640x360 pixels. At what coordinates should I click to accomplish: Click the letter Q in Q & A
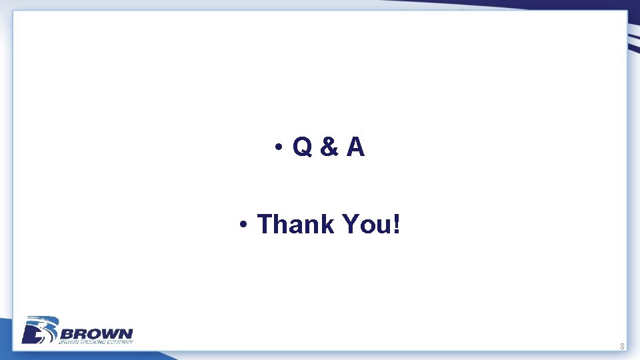pyautogui.click(x=301, y=148)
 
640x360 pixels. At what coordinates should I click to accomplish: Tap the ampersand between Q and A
pyautogui.click(x=328, y=148)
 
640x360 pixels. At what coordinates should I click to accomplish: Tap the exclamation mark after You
pyautogui.click(x=397, y=225)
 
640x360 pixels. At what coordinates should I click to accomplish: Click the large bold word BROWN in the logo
pyautogui.click(x=97, y=333)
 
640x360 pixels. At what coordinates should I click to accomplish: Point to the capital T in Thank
pyautogui.click(x=265, y=225)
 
